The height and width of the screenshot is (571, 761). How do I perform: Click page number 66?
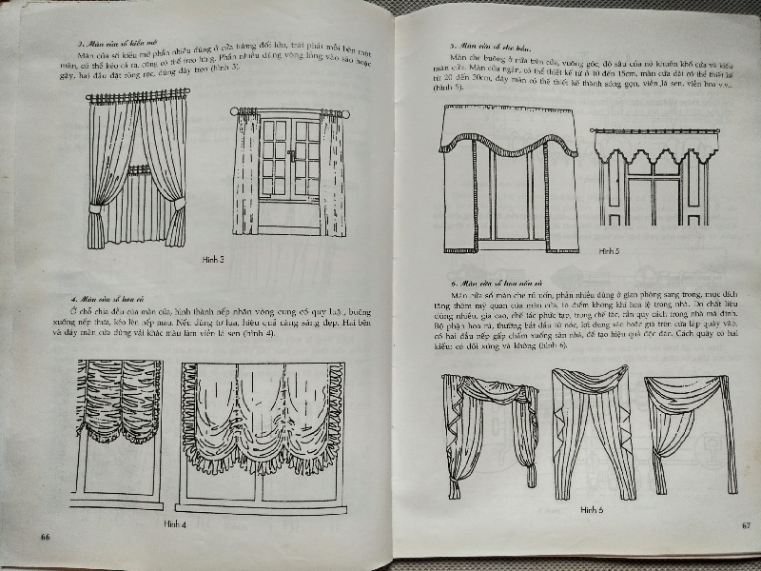[45, 537]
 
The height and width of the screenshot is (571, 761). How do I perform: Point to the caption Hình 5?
[608, 251]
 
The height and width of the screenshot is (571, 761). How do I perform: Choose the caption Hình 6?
[591, 510]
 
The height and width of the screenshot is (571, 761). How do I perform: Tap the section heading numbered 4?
[112, 299]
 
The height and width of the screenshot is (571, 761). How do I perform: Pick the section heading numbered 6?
[501, 283]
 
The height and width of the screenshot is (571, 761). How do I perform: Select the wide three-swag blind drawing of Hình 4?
[259, 419]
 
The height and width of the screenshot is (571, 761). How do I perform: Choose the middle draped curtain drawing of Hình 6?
[591, 428]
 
